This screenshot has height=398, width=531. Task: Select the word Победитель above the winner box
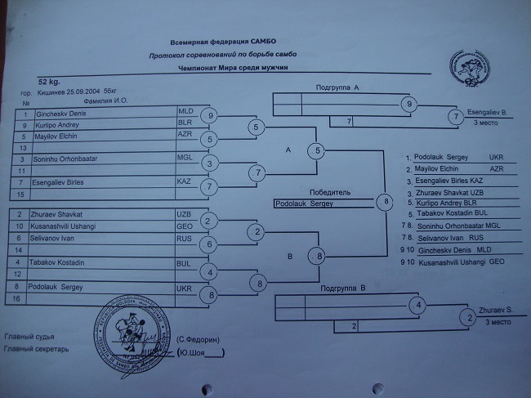331,193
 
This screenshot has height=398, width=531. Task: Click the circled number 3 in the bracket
209,163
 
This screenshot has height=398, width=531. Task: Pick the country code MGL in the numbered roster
185,157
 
